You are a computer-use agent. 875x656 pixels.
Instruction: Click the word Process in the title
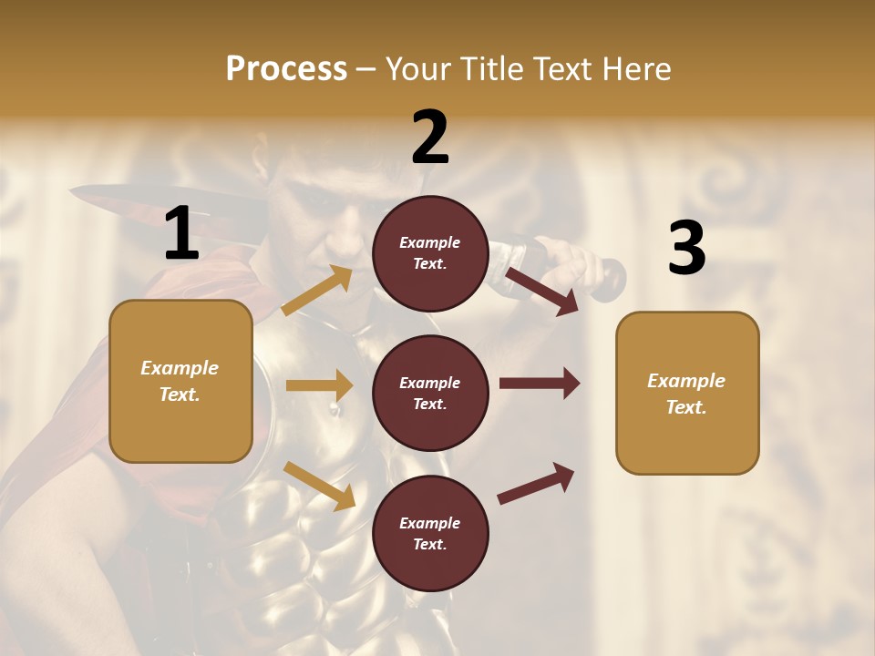tap(286, 69)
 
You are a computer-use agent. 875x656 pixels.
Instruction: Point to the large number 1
tap(181, 234)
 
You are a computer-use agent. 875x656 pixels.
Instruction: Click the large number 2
tap(430, 138)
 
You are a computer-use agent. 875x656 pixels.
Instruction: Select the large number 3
tap(686, 248)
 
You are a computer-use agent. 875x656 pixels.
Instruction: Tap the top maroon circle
tap(430, 253)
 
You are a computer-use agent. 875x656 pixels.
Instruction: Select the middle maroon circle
tap(430, 393)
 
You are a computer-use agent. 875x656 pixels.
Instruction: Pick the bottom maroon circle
tap(430, 533)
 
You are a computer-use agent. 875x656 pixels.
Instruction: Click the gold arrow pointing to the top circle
tap(317, 291)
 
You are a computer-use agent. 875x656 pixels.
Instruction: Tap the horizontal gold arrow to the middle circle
tap(319, 385)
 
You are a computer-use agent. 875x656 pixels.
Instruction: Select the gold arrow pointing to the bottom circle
tap(319, 486)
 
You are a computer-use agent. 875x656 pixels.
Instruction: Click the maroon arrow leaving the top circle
tap(541, 291)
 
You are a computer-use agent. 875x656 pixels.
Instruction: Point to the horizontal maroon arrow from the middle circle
tap(539, 384)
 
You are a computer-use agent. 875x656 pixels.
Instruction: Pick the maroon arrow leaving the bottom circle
tap(536, 484)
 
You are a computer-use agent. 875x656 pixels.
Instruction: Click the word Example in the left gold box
tap(180, 368)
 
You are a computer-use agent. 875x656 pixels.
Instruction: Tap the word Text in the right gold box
tap(685, 407)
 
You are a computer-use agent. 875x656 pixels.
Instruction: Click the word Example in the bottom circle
tap(429, 523)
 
